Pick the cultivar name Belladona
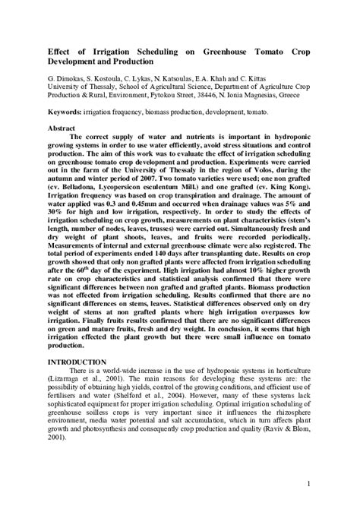click(80, 185)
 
